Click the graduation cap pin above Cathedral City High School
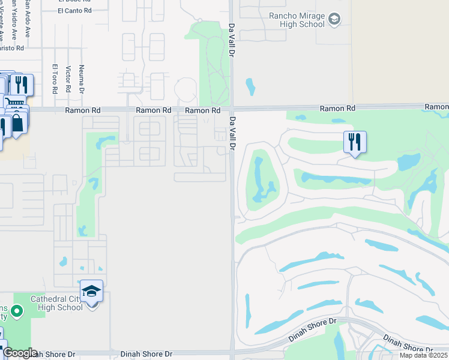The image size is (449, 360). [92, 292]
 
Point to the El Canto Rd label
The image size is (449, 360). [75, 10]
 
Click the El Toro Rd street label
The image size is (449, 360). [55, 79]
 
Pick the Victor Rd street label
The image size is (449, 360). [68, 79]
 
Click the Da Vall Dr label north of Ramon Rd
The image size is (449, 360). [232, 41]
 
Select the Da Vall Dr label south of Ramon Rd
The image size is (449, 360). [232, 133]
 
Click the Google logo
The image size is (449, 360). [20, 353]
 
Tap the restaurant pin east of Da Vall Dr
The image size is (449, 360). [354, 142]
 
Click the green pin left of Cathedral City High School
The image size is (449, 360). [17, 311]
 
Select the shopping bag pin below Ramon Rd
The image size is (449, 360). [18, 124]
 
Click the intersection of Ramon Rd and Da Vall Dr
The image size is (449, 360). [232, 109]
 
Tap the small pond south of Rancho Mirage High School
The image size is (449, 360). [250, 88]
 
